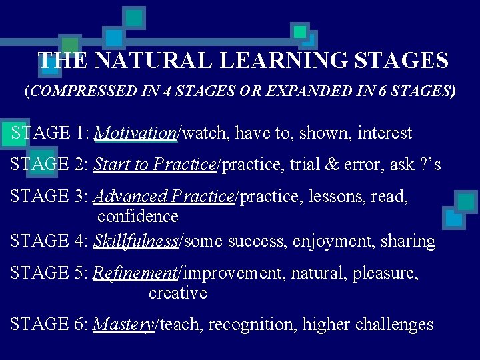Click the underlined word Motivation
tap(135, 133)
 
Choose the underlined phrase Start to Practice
tap(155, 165)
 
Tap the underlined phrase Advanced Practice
tap(164, 197)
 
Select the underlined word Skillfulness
tap(136, 241)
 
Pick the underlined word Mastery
tap(123, 325)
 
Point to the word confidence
tap(138, 217)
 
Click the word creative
tap(177, 293)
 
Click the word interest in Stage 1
tap(385, 133)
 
